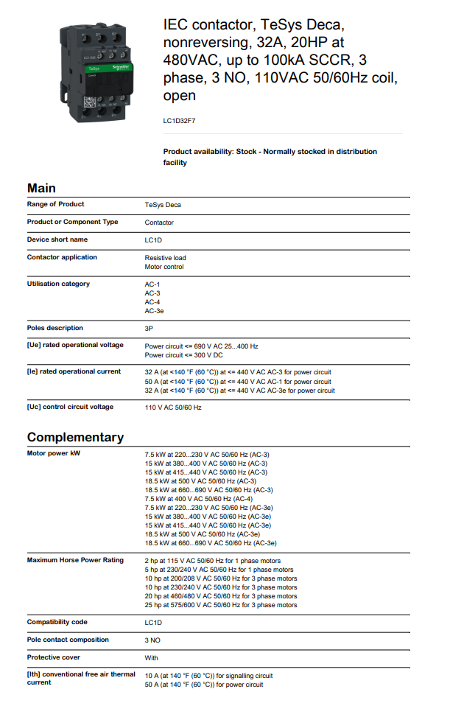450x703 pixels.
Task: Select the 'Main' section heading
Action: (x=41, y=188)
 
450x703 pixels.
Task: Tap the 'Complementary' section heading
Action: (x=75, y=437)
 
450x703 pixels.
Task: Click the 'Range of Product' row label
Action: (x=55, y=204)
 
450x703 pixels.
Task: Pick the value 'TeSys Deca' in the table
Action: (x=162, y=205)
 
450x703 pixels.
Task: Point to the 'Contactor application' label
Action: (x=62, y=257)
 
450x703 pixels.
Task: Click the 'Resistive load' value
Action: (x=165, y=258)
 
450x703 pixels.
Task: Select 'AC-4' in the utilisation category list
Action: (x=152, y=302)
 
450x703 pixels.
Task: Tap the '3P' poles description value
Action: (x=149, y=328)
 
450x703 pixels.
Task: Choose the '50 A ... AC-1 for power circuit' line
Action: (x=238, y=382)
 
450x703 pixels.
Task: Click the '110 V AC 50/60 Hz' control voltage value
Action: (x=172, y=408)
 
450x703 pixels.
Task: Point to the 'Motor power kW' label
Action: (x=53, y=453)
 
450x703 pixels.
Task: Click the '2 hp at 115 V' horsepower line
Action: (x=212, y=561)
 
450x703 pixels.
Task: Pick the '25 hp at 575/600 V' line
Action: (x=221, y=605)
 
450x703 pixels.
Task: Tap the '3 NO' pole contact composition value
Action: (x=152, y=640)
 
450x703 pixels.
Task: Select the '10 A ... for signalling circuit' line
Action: (x=208, y=675)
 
